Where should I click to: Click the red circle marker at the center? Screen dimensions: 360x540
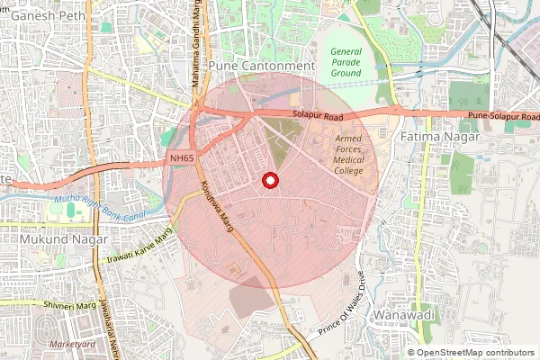tap(269, 181)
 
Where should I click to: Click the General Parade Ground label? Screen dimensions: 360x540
tap(346, 62)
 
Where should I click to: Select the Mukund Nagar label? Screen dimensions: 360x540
tap(55, 240)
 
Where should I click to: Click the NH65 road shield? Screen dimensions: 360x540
tap(182, 158)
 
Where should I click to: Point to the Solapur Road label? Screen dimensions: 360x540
tap(318, 115)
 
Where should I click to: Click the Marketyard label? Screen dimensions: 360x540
tap(73, 345)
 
